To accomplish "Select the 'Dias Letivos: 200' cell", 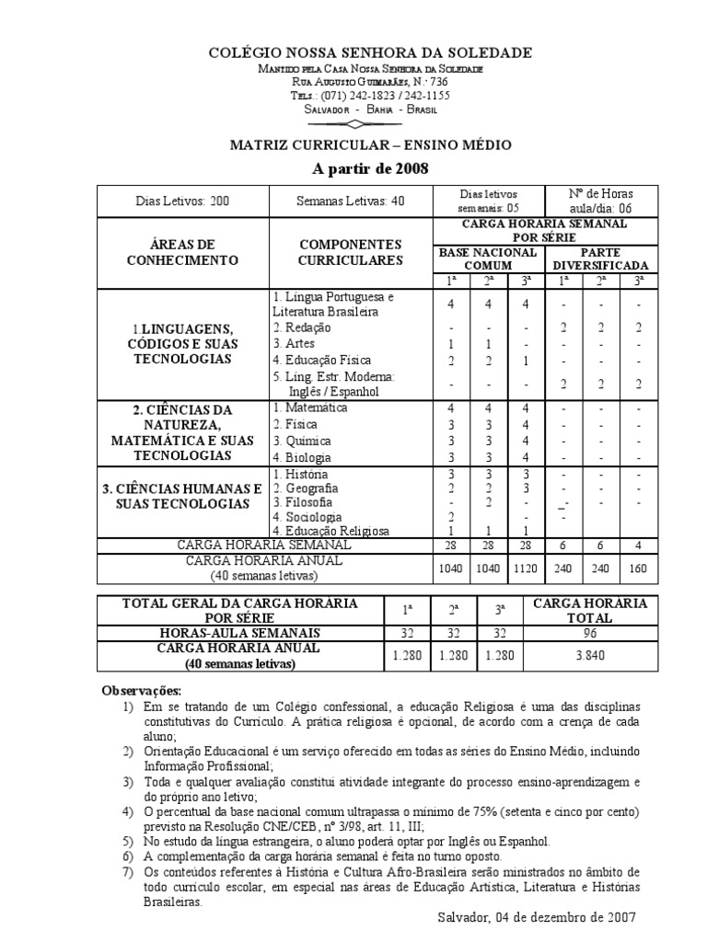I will point(182,200).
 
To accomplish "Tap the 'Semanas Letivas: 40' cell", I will point(350,200).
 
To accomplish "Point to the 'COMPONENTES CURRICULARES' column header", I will point(350,253).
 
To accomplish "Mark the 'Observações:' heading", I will point(141,690).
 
